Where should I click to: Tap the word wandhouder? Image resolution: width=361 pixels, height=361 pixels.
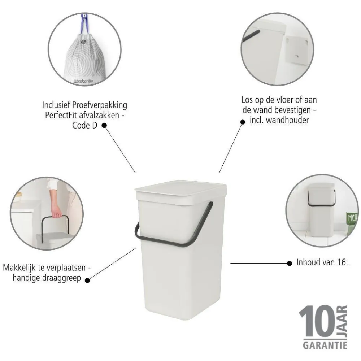(288, 120)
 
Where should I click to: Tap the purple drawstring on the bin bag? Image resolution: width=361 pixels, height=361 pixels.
(84, 25)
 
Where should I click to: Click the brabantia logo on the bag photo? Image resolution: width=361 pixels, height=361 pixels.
(83, 82)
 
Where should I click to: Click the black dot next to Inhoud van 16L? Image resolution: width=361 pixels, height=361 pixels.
(289, 263)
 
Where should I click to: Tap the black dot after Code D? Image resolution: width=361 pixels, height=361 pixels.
(104, 126)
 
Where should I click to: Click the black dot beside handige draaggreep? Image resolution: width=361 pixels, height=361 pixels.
(87, 278)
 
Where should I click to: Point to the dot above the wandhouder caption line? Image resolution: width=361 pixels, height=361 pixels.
(243, 122)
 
